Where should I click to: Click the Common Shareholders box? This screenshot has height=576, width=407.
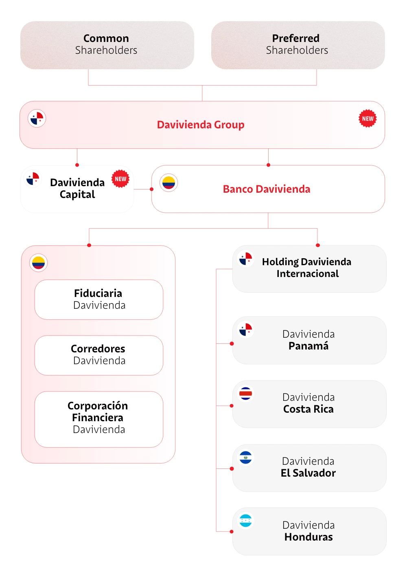coord(107,45)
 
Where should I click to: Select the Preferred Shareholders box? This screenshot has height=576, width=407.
coord(298,45)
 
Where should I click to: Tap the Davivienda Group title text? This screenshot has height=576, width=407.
coord(201,125)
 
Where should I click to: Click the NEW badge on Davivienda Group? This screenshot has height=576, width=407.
coord(368,119)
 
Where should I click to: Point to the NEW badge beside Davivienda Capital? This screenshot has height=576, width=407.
coord(120,179)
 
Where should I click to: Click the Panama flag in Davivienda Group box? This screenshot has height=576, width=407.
coord(37,119)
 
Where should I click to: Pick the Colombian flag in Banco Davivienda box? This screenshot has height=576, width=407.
coord(168,183)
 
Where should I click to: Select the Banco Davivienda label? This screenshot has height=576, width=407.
coord(267,189)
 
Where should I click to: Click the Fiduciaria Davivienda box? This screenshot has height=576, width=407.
coord(99,299)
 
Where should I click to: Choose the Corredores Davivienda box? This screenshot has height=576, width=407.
coord(99,355)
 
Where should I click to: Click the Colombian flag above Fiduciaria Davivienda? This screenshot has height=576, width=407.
coord(38,263)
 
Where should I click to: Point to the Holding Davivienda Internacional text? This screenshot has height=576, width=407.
coord(307,268)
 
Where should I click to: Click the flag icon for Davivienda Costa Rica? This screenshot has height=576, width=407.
coord(245,394)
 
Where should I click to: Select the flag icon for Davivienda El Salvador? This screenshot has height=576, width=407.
coord(245,457)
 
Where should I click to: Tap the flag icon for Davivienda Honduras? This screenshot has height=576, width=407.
coord(245,521)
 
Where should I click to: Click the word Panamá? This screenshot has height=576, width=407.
coord(309,346)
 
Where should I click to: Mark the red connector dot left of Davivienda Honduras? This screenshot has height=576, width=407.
coord(232,532)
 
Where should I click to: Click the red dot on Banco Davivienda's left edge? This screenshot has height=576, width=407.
coord(152,189)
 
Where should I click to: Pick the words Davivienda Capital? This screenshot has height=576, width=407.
coord(77,188)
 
